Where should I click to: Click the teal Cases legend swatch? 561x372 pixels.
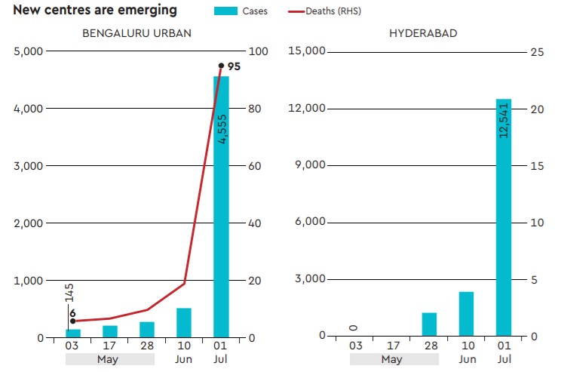click(x=225, y=11)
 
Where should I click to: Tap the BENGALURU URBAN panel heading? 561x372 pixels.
click(x=136, y=33)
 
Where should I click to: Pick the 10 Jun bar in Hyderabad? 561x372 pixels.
click(x=466, y=313)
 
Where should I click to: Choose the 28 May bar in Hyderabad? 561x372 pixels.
click(x=429, y=324)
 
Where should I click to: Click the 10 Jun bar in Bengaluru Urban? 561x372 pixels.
click(x=184, y=323)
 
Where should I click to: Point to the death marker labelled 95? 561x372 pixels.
click(x=221, y=66)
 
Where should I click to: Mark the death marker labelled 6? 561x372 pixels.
click(x=72, y=321)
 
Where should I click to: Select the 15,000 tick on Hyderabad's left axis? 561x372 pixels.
click(x=307, y=51)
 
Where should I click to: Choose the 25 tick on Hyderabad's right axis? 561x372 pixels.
click(x=536, y=51)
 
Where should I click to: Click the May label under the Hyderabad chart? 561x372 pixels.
click(x=392, y=359)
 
